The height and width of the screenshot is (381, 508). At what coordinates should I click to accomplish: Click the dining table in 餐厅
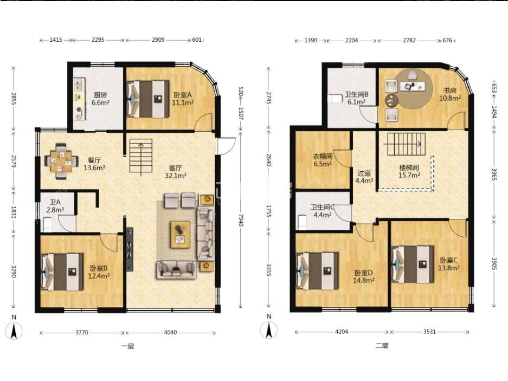coord(61,161)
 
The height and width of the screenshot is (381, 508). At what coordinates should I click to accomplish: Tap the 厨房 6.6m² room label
coord(100,99)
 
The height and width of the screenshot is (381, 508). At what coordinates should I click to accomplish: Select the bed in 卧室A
coord(149,99)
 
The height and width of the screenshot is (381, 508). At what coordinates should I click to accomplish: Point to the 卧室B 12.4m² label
coord(99,272)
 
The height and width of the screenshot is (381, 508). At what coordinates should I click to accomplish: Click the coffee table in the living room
coord(180,234)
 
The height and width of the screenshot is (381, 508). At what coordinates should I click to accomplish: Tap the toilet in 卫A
coord(47,224)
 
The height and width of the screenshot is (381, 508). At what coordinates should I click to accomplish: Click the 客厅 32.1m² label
coord(176,172)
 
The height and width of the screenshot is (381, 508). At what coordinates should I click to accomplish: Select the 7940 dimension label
coord(241,219)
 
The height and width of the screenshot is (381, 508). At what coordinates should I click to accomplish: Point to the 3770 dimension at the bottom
coord(82,332)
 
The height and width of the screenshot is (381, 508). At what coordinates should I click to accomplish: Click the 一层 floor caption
coord(127,346)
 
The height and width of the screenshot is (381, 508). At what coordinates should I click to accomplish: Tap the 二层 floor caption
coord(382,346)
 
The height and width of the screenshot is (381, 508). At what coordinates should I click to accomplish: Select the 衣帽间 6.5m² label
coord(323,160)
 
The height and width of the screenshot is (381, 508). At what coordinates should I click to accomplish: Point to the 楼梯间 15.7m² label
coord(409,171)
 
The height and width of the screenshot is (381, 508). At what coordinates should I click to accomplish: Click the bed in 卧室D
coord(318,271)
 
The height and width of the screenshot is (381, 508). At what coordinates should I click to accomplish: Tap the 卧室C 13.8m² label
coord(449,264)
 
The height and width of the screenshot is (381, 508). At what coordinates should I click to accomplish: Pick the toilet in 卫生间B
coord(335,98)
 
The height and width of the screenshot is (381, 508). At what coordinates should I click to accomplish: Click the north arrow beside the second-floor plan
coord(269,330)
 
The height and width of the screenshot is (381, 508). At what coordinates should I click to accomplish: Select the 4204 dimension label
coord(342,332)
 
